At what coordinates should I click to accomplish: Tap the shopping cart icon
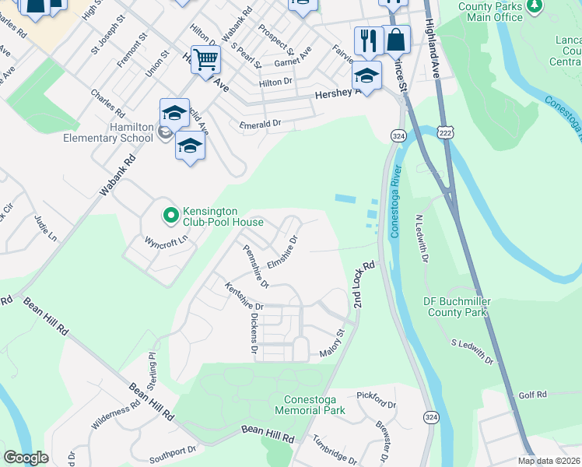[x=205, y=60]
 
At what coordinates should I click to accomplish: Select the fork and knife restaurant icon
[x=368, y=40]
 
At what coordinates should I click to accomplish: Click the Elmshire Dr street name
[x=282, y=254]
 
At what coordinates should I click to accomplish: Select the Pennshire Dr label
[x=255, y=265]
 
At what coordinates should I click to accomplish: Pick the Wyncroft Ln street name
[x=167, y=241]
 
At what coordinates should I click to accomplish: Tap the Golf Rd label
[x=533, y=395]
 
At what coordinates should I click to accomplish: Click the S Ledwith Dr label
[x=472, y=352]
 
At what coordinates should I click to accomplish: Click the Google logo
[x=26, y=457]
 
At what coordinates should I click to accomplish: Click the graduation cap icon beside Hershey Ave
[x=366, y=76]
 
